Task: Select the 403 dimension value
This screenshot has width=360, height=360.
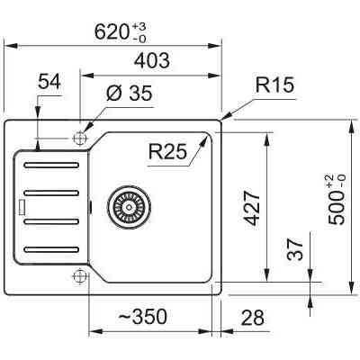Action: tap(151, 60)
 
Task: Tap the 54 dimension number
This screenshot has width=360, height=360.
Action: tap(49, 82)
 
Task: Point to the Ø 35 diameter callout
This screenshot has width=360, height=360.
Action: tap(130, 93)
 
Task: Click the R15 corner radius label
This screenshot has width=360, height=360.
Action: tap(274, 85)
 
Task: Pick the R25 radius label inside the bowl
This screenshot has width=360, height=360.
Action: tap(167, 151)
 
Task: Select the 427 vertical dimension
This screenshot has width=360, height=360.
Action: tap(252, 208)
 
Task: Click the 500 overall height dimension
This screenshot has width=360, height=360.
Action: tap(337, 207)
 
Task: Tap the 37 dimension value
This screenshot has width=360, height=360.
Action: tap(295, 249)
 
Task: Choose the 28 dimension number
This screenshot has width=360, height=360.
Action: tap(253, 318)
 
